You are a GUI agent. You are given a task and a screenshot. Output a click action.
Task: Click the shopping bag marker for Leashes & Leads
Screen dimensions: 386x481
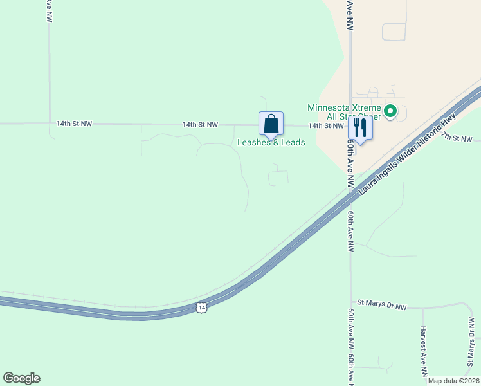pos(271,124)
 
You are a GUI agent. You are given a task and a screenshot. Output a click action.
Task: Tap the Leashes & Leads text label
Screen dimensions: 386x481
pos(271,142)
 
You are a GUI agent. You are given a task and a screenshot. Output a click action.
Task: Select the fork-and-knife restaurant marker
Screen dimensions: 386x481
pos(360,129)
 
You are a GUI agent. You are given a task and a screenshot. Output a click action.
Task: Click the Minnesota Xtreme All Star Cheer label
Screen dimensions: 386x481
pos(344,112)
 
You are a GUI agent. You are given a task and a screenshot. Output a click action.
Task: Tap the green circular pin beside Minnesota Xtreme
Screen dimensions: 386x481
pos(390,112)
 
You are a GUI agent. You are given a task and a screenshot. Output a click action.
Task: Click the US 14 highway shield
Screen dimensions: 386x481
pos(202,308)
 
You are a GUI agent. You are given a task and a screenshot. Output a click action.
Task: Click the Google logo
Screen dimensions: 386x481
pos(21,378)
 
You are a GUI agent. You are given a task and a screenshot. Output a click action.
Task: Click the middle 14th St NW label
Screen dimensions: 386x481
pos(200,124)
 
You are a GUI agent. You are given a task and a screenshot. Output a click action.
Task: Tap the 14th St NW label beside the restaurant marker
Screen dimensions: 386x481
pos(326,126)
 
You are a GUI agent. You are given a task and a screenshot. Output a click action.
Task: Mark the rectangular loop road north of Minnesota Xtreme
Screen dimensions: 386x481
pos(394,32)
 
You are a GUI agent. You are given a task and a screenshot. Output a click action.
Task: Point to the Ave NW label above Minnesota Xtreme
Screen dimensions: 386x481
pos(350,15)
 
